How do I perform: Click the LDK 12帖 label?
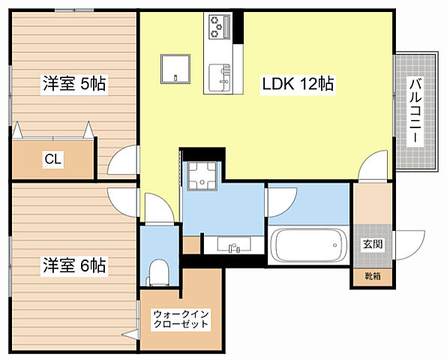point(298,84)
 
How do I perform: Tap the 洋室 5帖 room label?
point(73,84)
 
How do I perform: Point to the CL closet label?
point(52,158)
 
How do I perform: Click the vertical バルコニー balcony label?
point(414,112)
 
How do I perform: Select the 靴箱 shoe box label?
point(373,277)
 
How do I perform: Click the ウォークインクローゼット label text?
point(180,319)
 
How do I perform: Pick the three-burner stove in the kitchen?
point(218,28)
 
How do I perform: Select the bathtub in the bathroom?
point(308,247)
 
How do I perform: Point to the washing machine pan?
point(201,177)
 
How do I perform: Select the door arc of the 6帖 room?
point(123,199)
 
